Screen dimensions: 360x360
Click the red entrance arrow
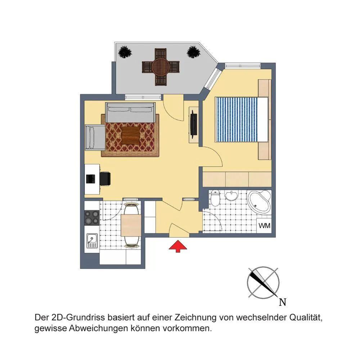[x=178, y=246]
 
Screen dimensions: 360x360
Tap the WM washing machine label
[x=265, y=225]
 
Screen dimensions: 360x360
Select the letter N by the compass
[x=283, y=302]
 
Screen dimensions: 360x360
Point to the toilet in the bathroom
[x=215, y=198]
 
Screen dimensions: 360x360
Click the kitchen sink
[x=92, y=240]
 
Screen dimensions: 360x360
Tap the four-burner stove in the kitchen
[x=92, y=217]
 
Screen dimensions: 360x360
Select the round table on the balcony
[x=161, y=67]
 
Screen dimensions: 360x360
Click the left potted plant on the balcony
[x=125, y=52]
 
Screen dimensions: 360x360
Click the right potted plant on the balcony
[x=194, y=52]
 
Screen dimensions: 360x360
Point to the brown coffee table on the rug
[x=131, y=135]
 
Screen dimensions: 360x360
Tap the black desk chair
[x=105, y=179]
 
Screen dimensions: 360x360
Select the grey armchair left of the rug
[x=95, y=137]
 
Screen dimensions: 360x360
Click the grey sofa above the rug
[x=130, y=112]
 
